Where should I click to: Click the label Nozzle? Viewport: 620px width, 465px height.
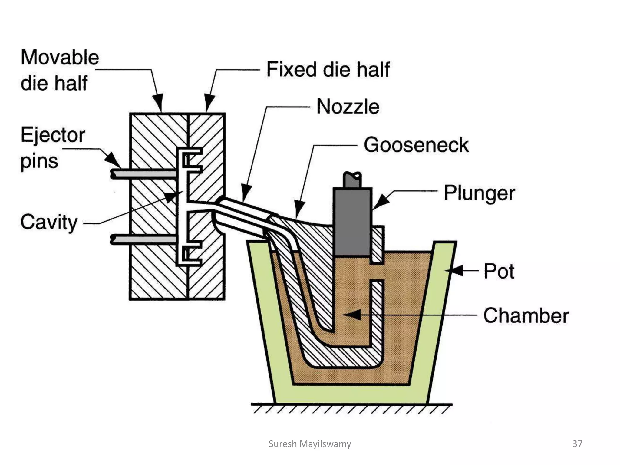[x=348, y=107]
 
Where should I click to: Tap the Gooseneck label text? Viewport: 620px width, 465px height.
[x=416, y=145]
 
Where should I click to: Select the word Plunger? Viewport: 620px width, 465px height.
[x=479, y=193]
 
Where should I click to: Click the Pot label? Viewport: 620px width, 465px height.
[x=499, y=271]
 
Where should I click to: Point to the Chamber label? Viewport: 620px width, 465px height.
[x=526, y=315]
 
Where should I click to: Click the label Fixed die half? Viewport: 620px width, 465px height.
[x=328, y=69]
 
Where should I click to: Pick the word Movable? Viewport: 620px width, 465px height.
[x=60, y=57]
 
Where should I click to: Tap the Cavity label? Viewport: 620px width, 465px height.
[x=49, y=222]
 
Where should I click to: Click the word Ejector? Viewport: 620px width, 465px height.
[x=53, y=135]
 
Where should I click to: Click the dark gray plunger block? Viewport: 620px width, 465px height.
[x=352, y=221]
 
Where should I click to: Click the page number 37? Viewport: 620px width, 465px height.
[x=577, y=444]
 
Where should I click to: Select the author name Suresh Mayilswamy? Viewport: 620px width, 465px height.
[x=310, y=444]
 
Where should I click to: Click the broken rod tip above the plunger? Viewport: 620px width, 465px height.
[x=352, y=179]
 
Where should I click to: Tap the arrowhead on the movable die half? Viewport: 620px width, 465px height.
[x=158, y=103]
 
